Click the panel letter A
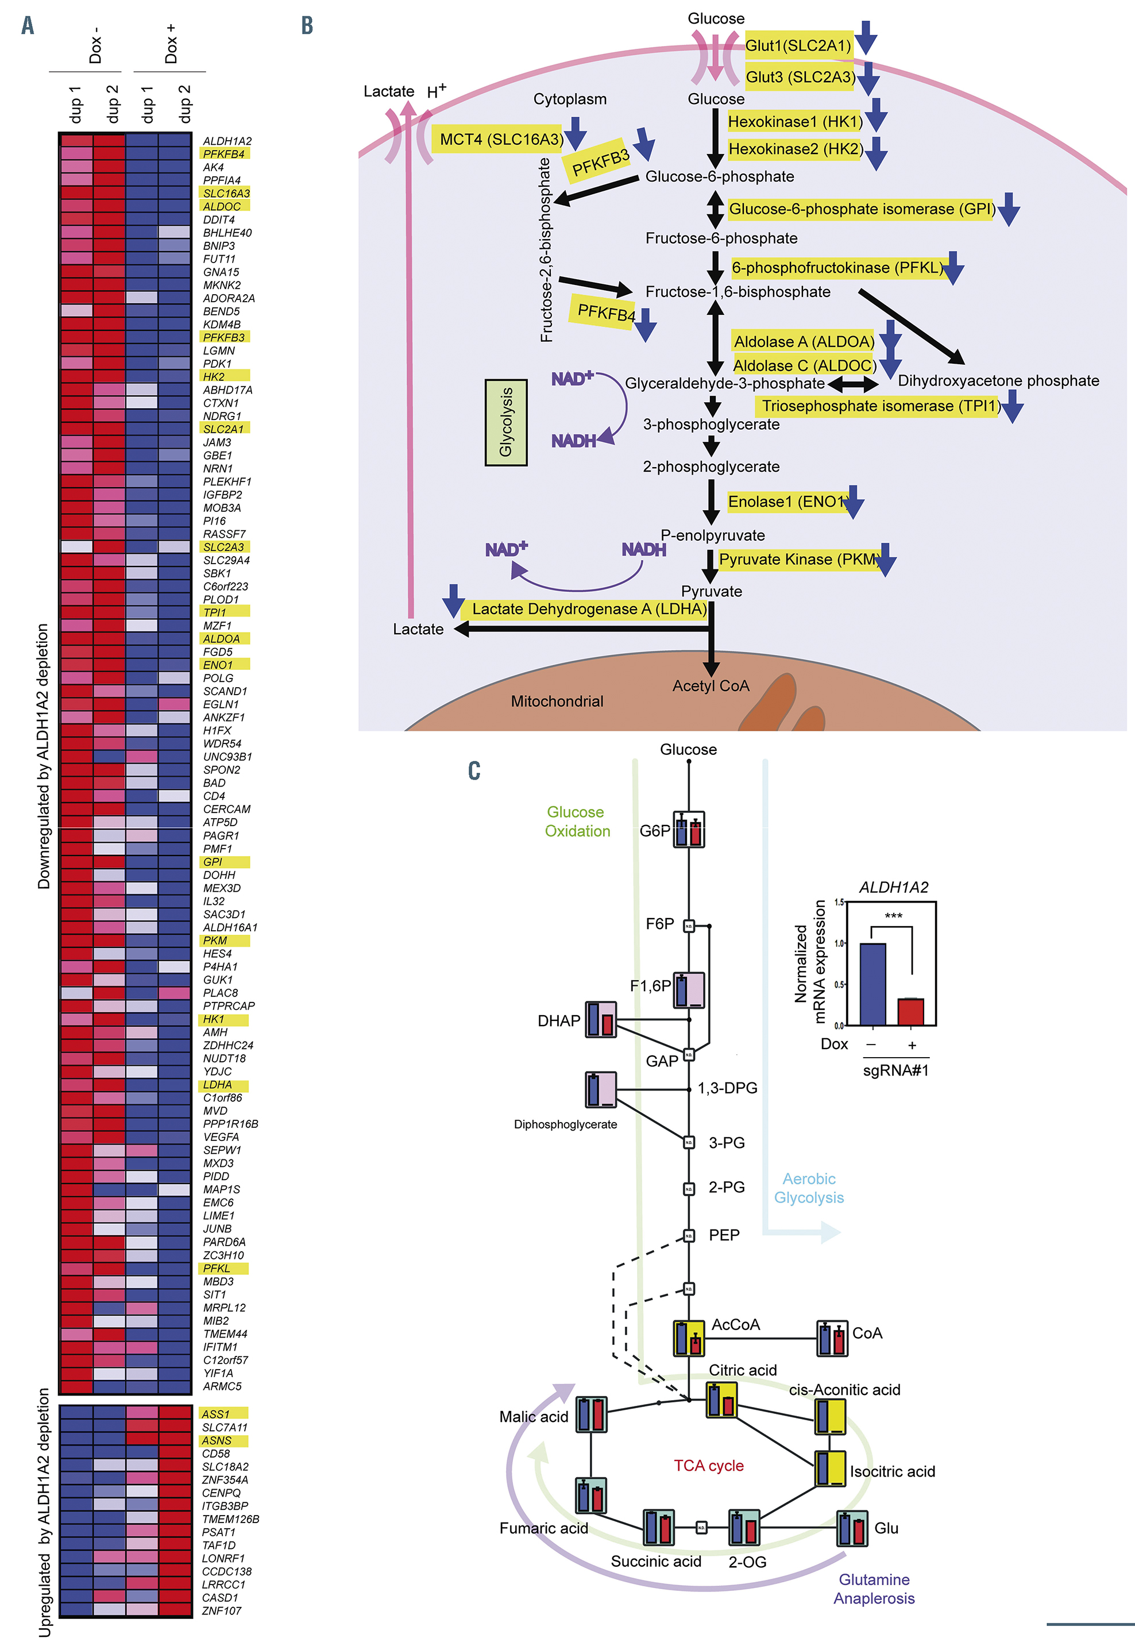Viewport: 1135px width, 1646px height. click(28, 26)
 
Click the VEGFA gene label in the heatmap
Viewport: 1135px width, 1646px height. click(221, 1137)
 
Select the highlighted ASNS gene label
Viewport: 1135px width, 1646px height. click(217, 1440)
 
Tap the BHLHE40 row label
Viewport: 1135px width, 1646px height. click(227, 233)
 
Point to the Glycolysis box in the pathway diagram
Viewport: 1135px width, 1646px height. click(505, 422)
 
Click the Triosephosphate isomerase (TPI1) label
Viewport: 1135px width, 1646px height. click(881, 406)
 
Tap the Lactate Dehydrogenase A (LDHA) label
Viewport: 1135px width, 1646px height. click(589, 609)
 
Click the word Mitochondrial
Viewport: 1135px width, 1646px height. click(557, 701)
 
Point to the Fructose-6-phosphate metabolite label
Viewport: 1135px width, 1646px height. click(721, 238)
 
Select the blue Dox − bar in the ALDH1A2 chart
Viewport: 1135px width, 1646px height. click(873, 985)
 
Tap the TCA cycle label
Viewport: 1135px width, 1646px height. click(708, 1466)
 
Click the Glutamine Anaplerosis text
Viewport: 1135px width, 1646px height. click(874, 1589)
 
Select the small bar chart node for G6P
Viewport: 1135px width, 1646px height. click(688, 830)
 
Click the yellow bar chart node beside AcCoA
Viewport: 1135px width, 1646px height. click(688, 1338)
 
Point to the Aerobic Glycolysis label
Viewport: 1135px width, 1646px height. click(809, 1188)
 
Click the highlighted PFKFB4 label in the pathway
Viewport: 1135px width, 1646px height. click(605, 311)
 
